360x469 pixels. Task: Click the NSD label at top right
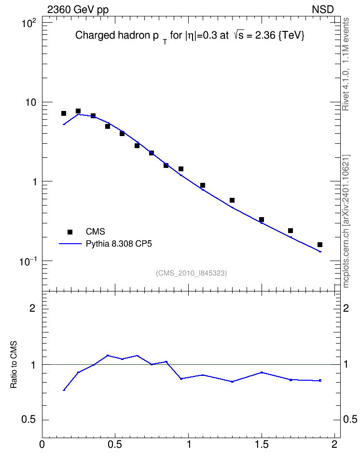click(x=322, y=10)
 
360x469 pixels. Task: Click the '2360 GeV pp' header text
click(x=78, y=10)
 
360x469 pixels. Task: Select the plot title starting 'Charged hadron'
click(x=190, y=36)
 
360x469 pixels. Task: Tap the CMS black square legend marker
click(x=70, y=232)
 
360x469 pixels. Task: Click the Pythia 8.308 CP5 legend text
click(x=119, y=244)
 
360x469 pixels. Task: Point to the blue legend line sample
click(x=70, y=244)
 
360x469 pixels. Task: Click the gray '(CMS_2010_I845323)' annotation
click(x=191, y=273)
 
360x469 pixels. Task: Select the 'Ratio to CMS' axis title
click(x=14, y=364)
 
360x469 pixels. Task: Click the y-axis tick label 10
click(x=30, y=102)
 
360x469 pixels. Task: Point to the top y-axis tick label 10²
click(x=29, y=23)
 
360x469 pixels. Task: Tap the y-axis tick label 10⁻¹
click(x=28, y=261)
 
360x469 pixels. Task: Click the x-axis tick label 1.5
click(x=262, y=444)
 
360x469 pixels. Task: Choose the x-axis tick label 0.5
click(x=115, y=444)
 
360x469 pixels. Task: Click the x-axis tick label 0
click(x=42, y=444)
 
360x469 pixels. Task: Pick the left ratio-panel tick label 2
click(x=32, y=308)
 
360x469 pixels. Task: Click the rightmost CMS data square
click(x=320, y=245)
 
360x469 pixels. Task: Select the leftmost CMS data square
click(x=64, y=113)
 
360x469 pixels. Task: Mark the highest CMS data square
click(x=78, y=111)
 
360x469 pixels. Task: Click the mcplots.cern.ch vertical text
click(x=346, y=221)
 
